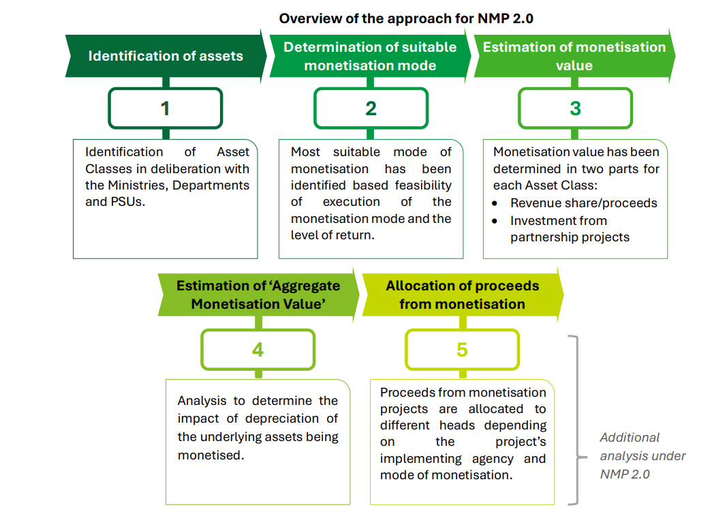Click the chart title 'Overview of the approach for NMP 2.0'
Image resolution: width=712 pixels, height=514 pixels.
tap(406, 18)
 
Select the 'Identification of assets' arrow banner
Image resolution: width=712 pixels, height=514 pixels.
tap(166, 56)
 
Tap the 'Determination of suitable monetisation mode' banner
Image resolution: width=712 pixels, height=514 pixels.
tap(370, 56)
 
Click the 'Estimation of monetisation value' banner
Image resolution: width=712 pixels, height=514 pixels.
tap(574, 56)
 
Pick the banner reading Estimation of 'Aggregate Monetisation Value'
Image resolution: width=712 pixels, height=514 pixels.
tap(258, 294)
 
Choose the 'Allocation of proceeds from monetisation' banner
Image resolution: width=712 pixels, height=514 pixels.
tap(462, 294)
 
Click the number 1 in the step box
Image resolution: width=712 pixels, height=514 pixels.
tap(165, 108)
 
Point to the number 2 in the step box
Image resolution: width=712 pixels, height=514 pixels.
tap(371, 108)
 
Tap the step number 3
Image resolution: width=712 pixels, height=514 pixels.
tap(576, 108)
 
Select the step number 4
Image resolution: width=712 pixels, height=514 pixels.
tap(258, 350)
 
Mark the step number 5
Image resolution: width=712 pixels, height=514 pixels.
tap(462, 350)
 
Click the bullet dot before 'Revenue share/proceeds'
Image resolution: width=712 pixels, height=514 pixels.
tap(497, 203)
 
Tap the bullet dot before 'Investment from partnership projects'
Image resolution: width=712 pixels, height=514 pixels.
tap(497, 221)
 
